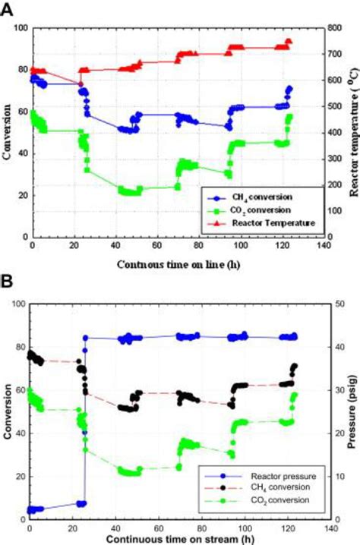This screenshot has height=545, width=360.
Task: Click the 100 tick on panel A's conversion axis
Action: (x=17, y=29)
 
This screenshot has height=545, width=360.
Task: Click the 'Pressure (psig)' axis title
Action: (x=352, y=412)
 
